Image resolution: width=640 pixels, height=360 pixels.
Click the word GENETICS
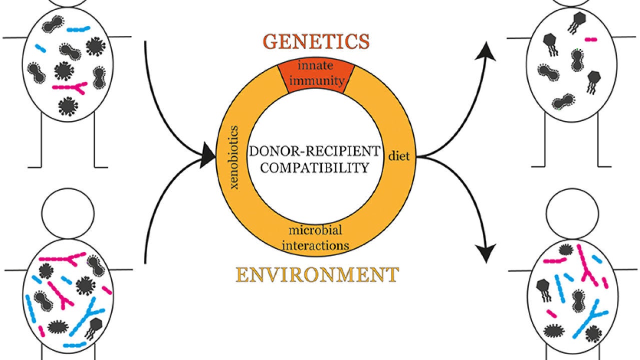(316, 41)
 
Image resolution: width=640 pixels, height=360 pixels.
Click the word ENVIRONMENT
(317, 274)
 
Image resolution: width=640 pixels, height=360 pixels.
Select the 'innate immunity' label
(316, 74)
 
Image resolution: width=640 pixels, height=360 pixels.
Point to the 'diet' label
(399, 156)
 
